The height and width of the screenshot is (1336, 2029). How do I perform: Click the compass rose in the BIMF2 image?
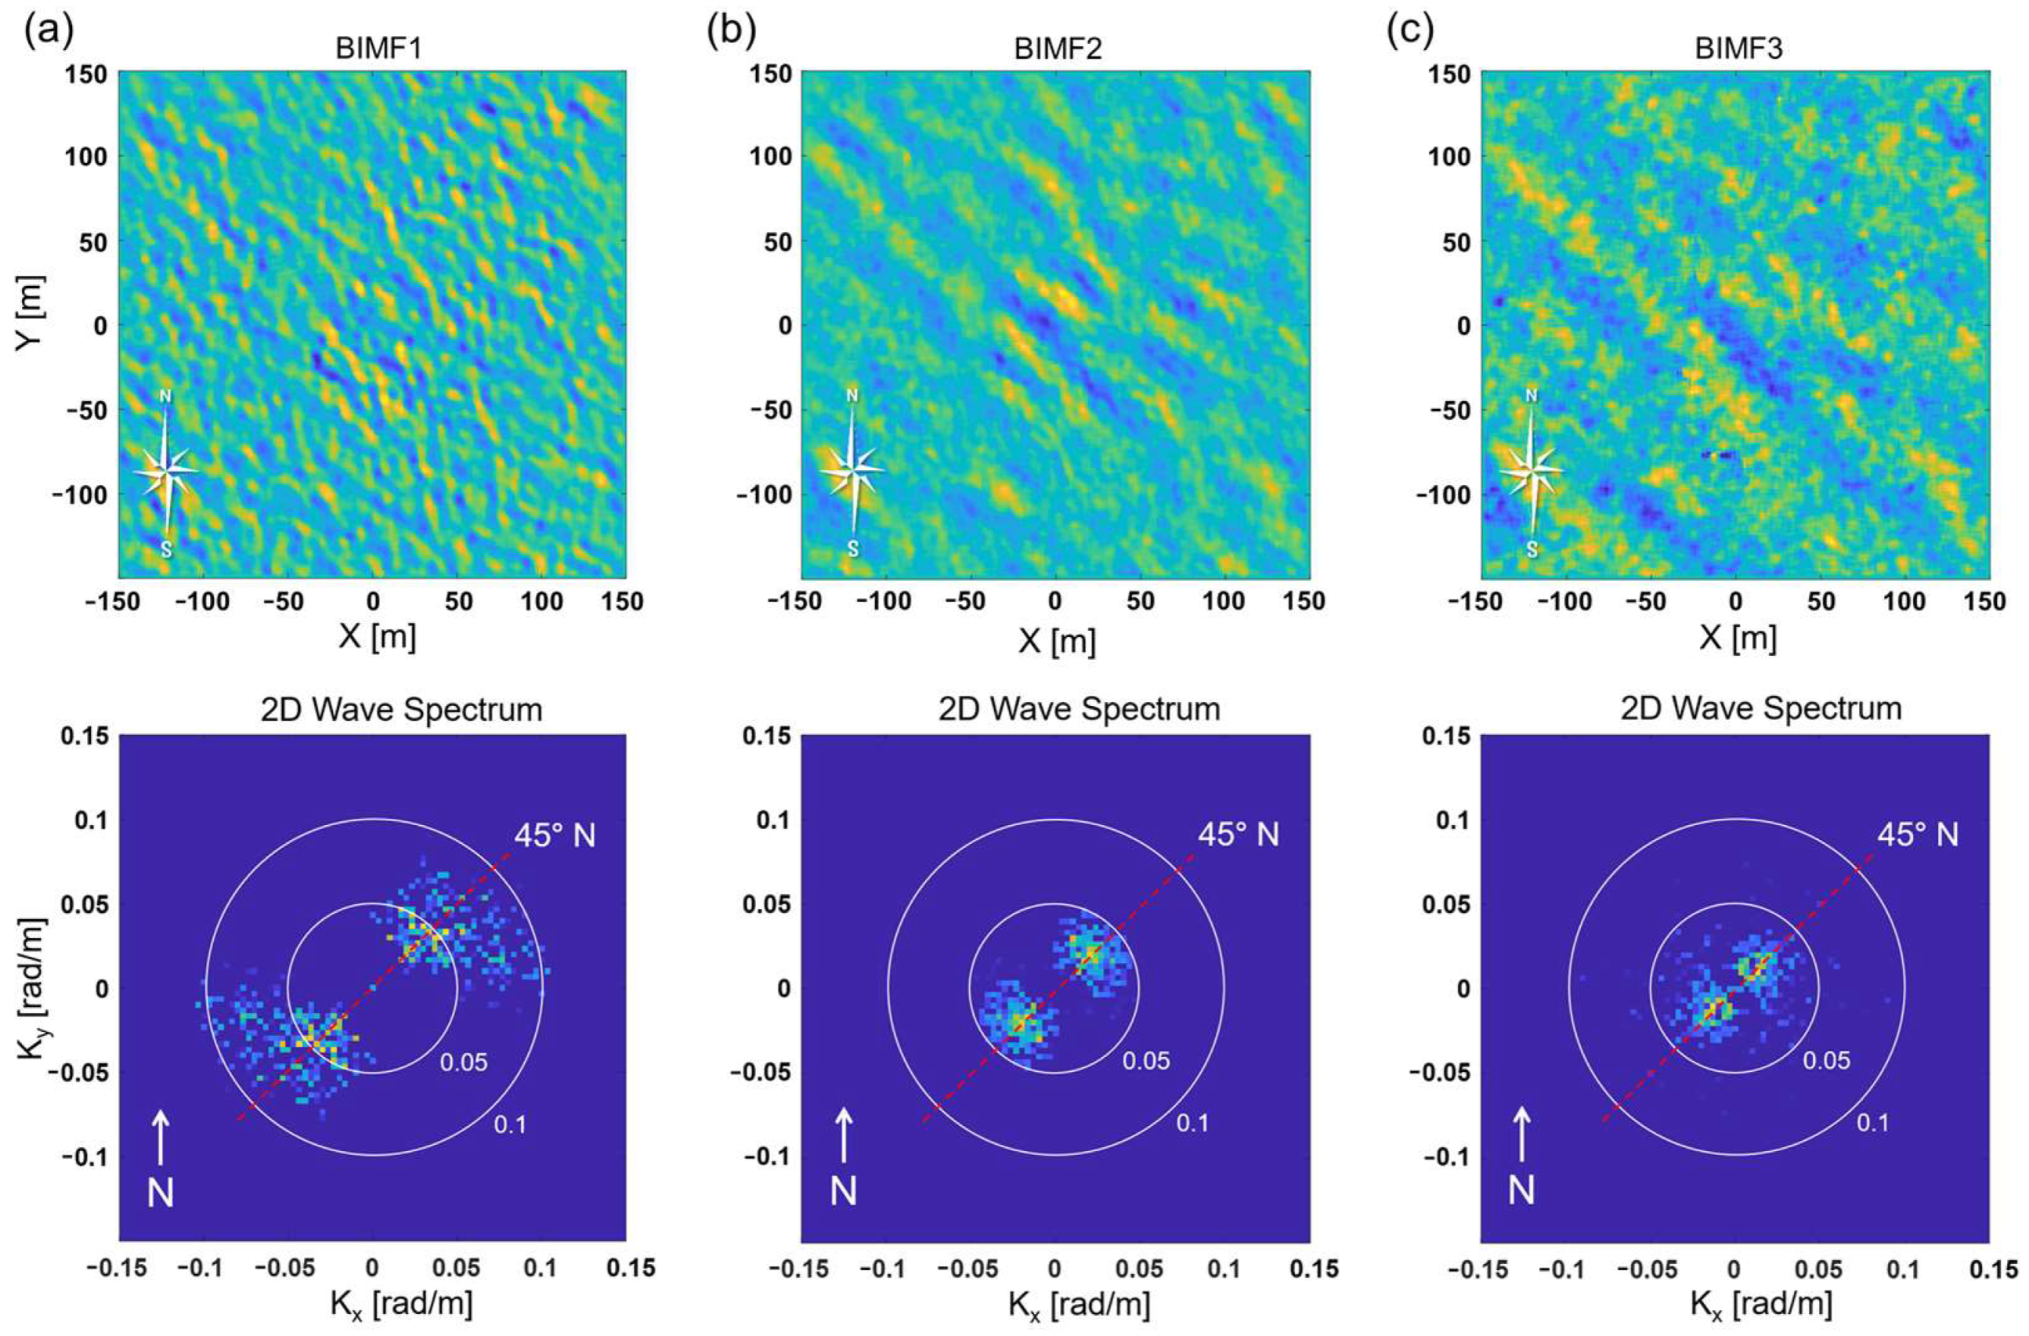coord(853,470)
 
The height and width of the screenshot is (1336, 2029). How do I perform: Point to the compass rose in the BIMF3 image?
coord(1532,470)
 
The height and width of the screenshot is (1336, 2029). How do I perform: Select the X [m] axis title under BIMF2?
coord(1056,639)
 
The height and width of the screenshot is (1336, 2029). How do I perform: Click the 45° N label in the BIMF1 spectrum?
coord(554,836)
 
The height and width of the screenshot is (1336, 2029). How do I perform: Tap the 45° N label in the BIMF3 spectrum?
coord(1917,835)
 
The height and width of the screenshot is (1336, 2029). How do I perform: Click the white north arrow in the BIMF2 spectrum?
coord(843,1134)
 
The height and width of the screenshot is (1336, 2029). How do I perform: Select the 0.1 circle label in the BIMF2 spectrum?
coord(1192,1124)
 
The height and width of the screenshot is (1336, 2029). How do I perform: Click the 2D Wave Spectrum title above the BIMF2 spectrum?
coord(1080,709)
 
